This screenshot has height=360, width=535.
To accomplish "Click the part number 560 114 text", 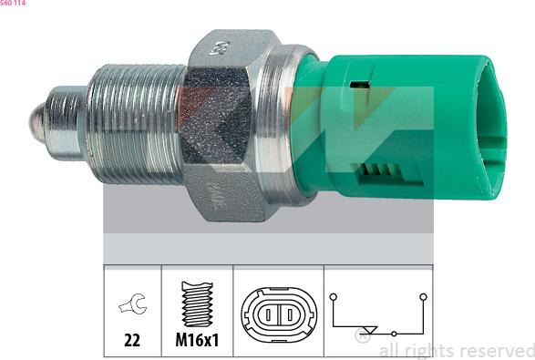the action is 13,3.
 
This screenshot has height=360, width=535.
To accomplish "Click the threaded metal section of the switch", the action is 135,124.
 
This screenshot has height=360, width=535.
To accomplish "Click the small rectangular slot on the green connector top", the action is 359,84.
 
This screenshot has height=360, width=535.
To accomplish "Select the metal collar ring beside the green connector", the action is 276,125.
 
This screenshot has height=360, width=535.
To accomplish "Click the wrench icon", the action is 133,303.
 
